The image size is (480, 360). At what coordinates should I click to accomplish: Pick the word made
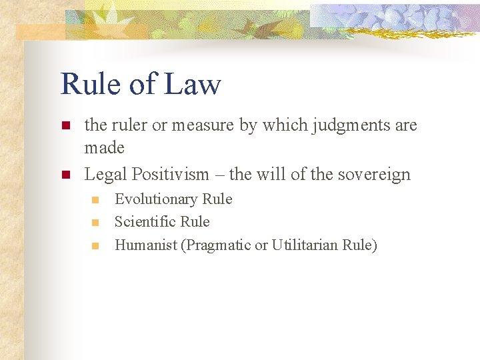tap(104, 147)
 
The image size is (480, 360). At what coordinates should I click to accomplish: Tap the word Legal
tap(106, 175)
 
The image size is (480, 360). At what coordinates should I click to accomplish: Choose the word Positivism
tap(171, 175)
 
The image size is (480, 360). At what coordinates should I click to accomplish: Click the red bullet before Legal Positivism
tap(65, 175)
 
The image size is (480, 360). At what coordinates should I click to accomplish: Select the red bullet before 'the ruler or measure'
tap(65, 125)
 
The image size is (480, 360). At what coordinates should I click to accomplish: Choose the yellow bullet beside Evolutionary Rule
tap(95, 200)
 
